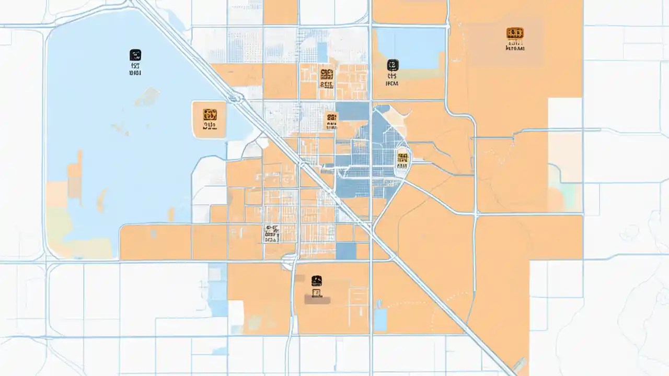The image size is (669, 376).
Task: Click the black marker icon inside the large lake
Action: point(135,55)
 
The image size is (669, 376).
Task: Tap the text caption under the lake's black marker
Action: point(135,70)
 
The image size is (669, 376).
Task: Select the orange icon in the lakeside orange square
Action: point(210,114)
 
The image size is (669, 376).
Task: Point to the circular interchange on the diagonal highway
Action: point(235,98)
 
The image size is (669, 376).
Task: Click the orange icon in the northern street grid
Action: point(327,74)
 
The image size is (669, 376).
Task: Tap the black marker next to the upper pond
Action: point(393,65)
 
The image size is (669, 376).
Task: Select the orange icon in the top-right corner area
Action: point(515,33)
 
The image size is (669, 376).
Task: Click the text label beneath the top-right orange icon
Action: point(515,48)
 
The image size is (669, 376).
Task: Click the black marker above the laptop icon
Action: point(316,280)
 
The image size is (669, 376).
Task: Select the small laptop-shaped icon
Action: point(316,292)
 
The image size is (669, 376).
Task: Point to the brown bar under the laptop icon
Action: point(317,300)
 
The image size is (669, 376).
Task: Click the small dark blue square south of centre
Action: point(345,251)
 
